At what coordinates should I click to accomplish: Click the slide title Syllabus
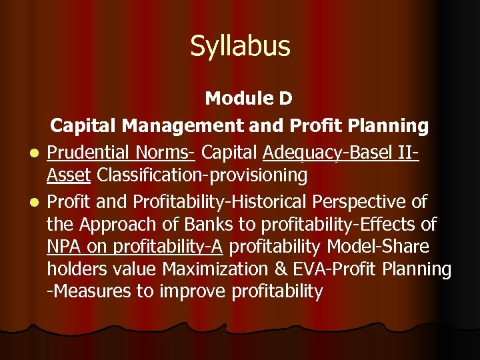click(x=240, y=47)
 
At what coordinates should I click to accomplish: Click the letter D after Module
click(x=285, y=99)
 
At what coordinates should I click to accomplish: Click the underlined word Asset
click(x=69, y=176)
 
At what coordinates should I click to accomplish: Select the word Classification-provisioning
click(x=202, y=176)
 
